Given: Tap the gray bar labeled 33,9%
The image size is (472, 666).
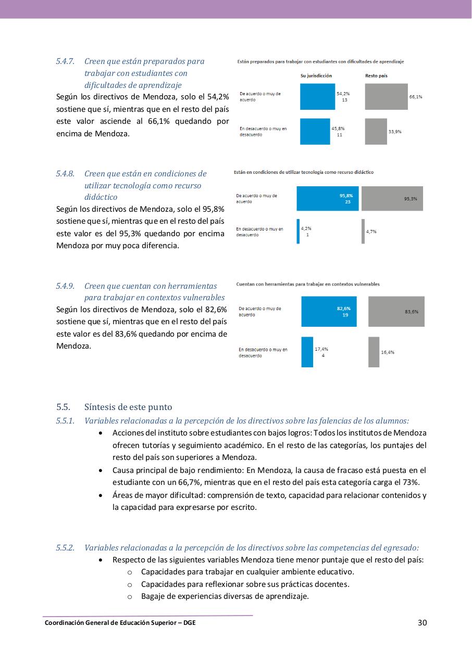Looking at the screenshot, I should click(376, 132).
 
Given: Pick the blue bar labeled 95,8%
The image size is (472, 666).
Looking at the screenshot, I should click(328, 198).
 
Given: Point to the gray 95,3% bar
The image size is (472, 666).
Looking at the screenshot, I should click(392, 198).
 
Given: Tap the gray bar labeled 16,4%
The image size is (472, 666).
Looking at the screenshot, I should click(374, 352).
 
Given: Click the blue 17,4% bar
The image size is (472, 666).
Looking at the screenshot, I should click(307, 352).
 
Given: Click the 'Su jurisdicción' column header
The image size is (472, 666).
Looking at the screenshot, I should click(316, 76).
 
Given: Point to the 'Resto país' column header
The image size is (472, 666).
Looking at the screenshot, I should click(376, 76).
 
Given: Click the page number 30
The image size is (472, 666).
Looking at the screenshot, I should click(423, 622).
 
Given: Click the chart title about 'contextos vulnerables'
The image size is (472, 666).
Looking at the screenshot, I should click(308, 285).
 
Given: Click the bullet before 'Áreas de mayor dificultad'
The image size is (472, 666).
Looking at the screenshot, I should click(100, 495).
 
